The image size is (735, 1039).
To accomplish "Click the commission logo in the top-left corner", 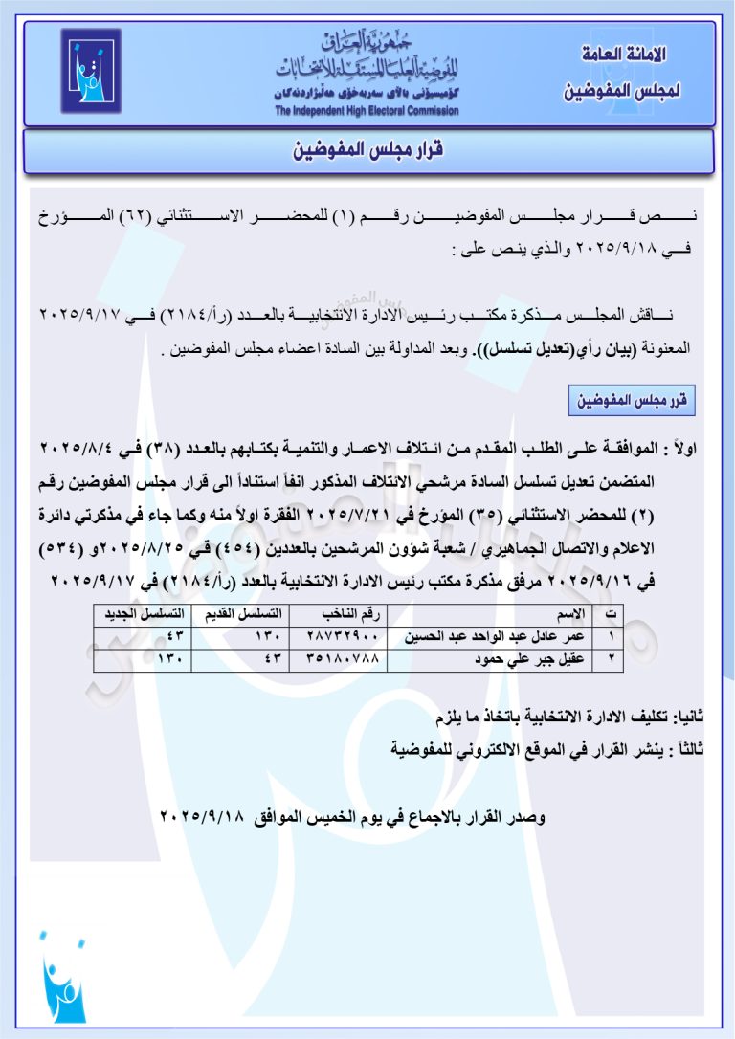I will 91,72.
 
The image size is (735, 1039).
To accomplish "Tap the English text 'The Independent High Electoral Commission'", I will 367,111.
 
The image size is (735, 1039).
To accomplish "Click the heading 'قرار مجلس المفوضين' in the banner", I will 367,151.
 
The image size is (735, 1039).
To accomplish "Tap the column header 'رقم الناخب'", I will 339,613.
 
